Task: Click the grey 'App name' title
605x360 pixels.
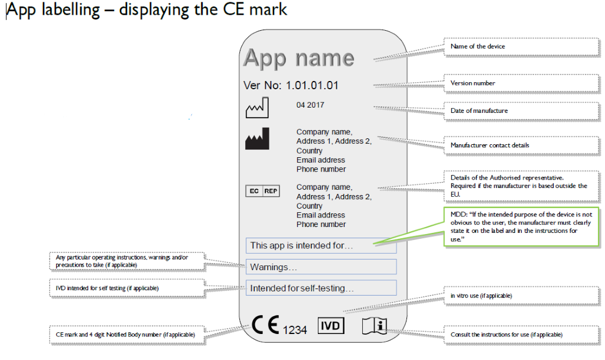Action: [298, 58]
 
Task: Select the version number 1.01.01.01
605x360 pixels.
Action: [312, 85]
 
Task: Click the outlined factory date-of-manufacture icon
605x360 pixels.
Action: [257, 108]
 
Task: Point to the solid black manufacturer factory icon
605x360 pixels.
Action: [257, 139]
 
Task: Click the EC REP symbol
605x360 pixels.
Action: [262, 191]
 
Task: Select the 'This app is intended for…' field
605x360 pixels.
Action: [321, 245]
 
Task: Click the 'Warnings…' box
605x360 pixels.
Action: [321, 267]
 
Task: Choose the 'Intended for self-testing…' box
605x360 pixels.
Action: [321, 288]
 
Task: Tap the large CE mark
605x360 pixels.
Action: [265, 325]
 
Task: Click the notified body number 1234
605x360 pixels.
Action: [295, 330]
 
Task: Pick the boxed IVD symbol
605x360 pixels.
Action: [331, 325]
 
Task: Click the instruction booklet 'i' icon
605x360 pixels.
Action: [374, 326]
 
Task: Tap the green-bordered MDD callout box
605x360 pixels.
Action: [521, 226]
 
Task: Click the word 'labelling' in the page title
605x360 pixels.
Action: [70, 11]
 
